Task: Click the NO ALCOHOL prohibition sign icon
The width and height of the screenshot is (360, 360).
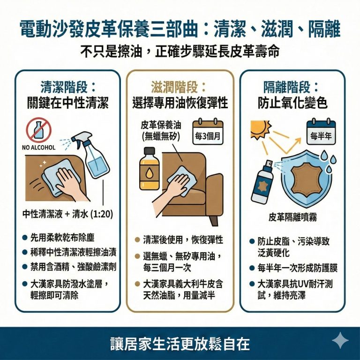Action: point(37,130)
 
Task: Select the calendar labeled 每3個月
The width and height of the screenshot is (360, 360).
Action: point(209,133)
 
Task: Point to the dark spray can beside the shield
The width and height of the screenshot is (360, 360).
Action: point(263,183)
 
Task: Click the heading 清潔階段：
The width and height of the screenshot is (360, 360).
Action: point(68,87)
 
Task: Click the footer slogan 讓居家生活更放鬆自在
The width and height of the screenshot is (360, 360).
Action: point(180,343)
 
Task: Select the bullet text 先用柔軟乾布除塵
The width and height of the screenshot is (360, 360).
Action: point(66,238)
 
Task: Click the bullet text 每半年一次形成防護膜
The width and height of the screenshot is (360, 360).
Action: point(298,268)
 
